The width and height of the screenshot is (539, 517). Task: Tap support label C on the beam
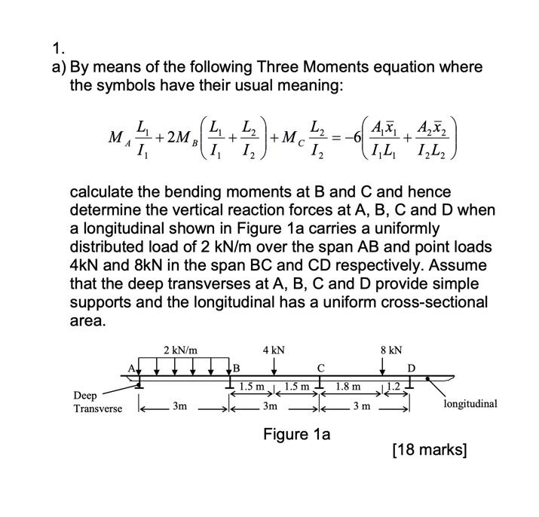[320, 369]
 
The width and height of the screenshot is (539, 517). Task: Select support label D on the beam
[411, 369]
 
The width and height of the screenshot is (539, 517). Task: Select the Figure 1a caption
[296, 434]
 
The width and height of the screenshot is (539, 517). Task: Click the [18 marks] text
[430, 451]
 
